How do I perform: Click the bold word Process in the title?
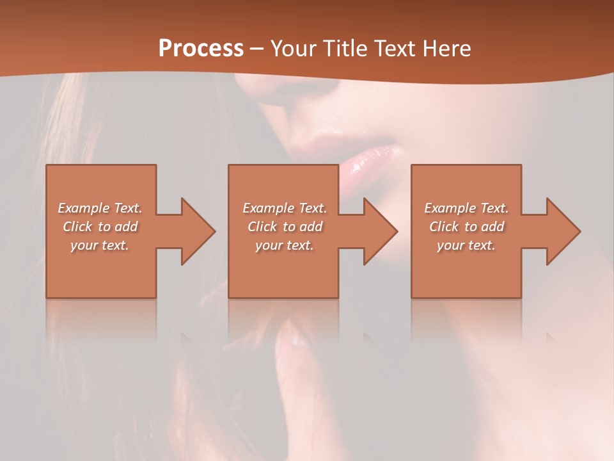point(201,49)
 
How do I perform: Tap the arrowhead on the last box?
point(562,231)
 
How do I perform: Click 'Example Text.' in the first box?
point(100,208)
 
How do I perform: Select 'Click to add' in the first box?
point(100,227)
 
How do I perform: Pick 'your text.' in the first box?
point(100,245)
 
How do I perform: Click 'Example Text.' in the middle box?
point(285,208)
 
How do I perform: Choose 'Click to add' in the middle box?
point(285,227)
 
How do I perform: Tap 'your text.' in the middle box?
point(285,245)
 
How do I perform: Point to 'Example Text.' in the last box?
point(466,208)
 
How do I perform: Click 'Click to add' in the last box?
point(466,227)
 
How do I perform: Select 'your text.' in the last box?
point(466,245)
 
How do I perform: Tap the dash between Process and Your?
point(257,49)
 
